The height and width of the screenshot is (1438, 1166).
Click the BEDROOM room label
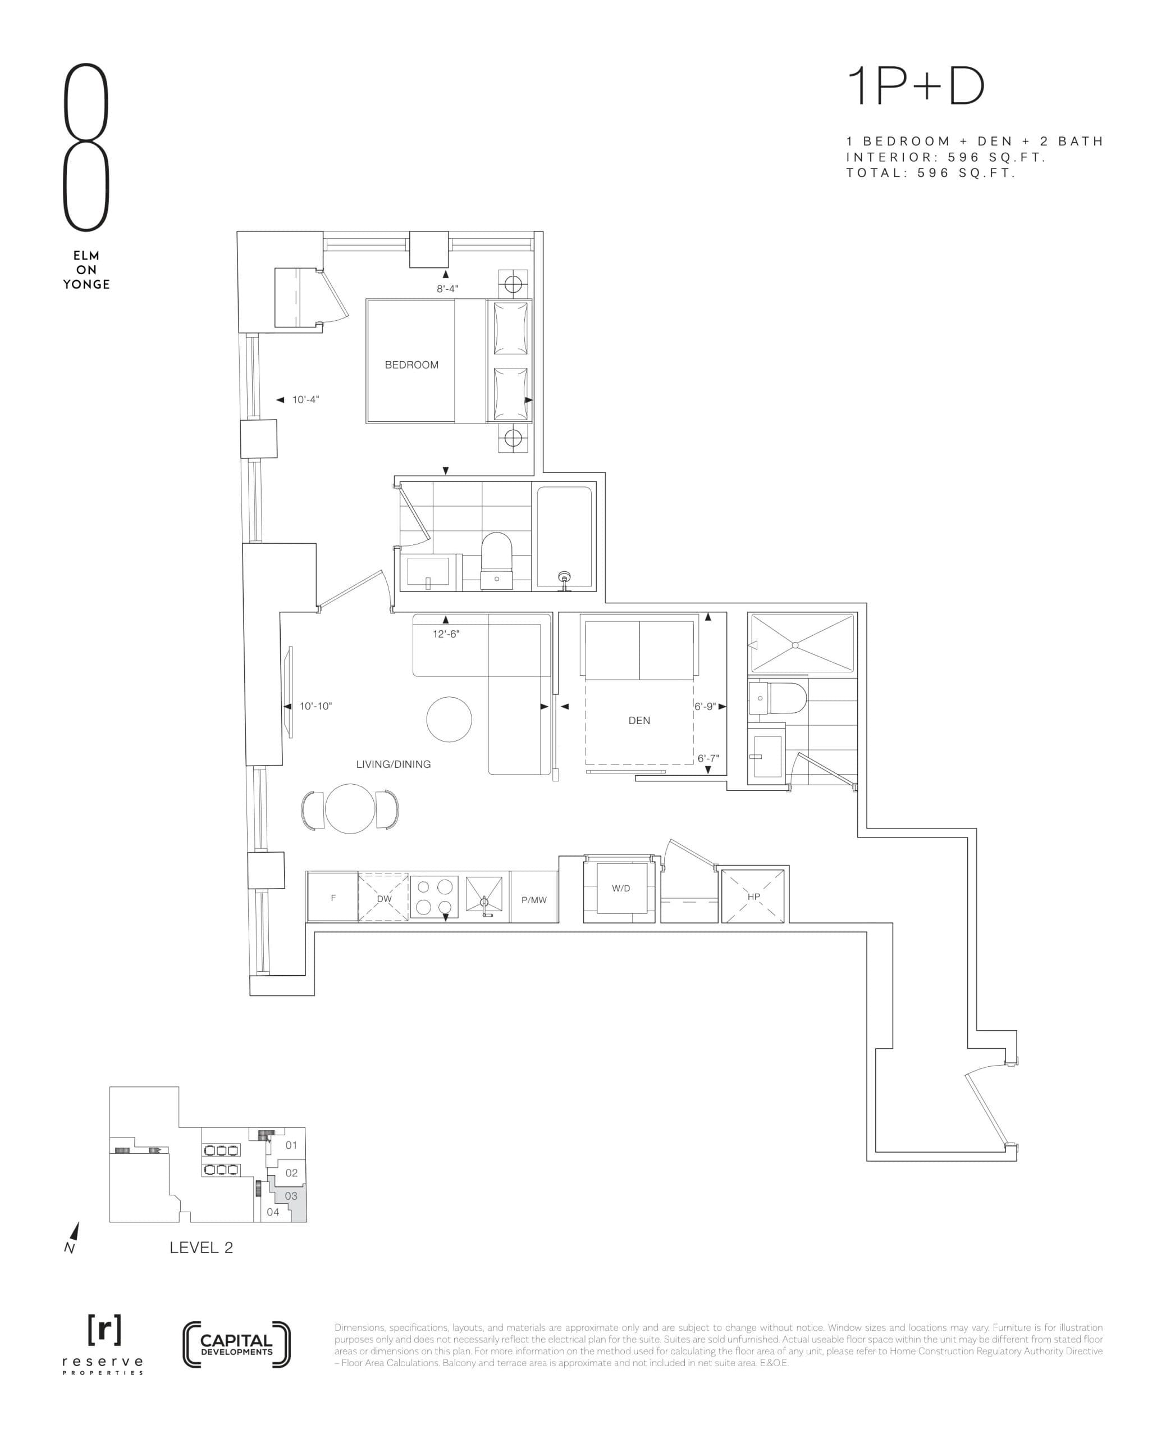pos(411,365)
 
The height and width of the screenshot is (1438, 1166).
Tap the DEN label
pos(639,720)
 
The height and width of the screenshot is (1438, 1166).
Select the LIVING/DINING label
pos(393,764)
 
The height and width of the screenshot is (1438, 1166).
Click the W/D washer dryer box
pos(621,888)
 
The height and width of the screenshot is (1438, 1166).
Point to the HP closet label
pos(753,897)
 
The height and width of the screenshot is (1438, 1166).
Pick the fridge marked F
pos(333,898)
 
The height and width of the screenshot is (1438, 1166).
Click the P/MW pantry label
pos(534,900)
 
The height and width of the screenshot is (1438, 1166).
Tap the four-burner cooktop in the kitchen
pos(434,897)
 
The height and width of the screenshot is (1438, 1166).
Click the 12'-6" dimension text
pos(446,634)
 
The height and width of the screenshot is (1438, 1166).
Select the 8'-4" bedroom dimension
pos(447,288)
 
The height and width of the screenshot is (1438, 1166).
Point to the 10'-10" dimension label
pos(315,706)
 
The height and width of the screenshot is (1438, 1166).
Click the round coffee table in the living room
pos(449,719)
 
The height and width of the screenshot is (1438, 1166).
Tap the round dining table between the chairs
pos(350,808)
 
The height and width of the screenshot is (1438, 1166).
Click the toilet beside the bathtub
pos(497,561)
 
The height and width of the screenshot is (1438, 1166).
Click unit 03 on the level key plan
pos(291,1196)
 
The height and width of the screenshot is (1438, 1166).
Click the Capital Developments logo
pos(236,1345)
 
